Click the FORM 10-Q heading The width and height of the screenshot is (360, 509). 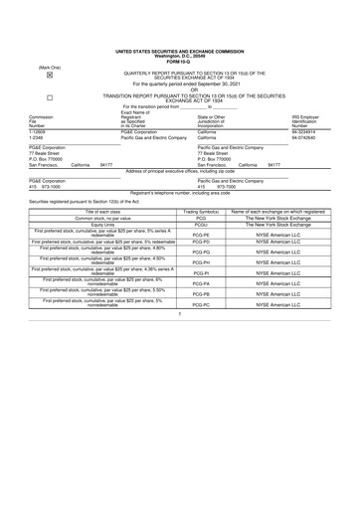coord(179,62)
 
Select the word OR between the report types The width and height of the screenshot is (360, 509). coord(180,90)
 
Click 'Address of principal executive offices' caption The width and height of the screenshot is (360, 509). coord(180,171)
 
